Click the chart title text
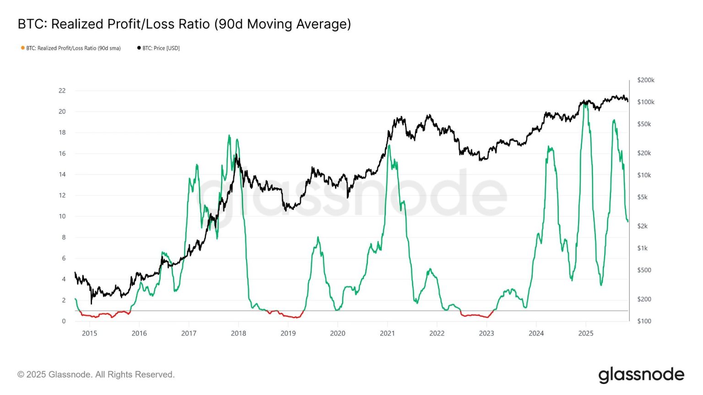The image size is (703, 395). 184,24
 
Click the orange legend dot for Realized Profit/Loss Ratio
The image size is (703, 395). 22,48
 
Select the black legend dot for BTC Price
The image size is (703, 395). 139,48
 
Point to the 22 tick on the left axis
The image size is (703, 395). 62,91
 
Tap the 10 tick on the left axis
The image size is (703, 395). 62,216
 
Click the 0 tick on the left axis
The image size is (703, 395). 64,321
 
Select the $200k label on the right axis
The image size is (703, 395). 645,80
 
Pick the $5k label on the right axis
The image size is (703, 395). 642,197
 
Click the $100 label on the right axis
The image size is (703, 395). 644,321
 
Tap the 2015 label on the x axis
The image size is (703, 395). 89,333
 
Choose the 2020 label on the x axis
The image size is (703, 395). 337,333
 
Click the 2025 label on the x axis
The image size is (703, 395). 585,333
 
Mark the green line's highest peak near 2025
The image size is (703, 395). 585,103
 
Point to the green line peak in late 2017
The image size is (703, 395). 229,135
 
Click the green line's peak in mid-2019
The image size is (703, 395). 318,237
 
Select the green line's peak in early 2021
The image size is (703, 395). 389,145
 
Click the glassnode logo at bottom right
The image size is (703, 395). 641,375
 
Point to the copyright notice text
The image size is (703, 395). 96,374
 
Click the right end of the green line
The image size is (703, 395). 627,221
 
